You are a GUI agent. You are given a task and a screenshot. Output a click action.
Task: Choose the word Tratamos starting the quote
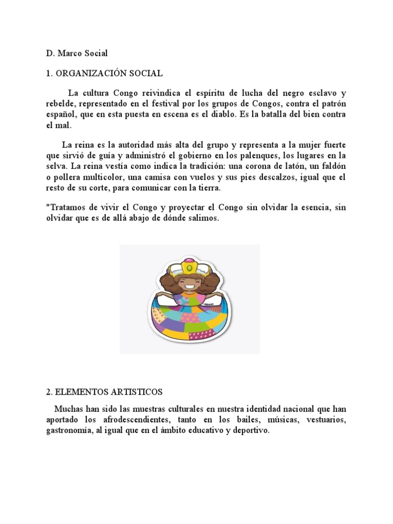point(64,208)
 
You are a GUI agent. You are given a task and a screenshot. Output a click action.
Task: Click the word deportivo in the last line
point(249,431)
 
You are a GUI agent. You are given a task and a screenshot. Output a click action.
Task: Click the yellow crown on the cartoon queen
point(189,266)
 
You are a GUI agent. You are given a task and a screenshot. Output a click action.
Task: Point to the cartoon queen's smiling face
point(189,281)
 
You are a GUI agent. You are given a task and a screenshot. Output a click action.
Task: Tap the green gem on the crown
point(189,267)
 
